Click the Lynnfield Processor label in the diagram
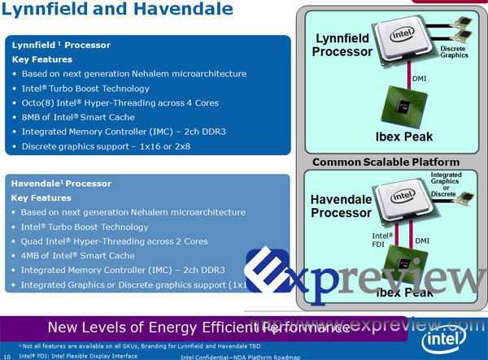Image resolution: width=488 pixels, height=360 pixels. pos(342,46)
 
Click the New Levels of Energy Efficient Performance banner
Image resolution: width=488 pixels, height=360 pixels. pos(199,327)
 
